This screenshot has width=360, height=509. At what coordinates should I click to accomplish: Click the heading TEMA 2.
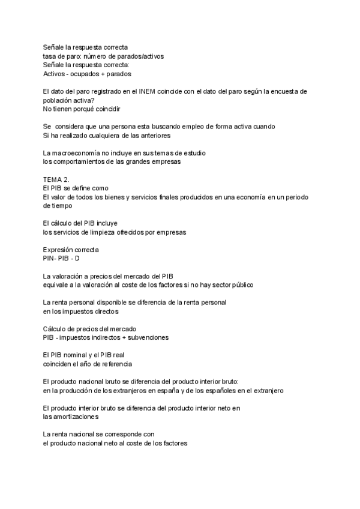(x=56, y=179)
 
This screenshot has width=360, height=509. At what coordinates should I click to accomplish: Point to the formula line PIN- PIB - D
(x=61, y=258)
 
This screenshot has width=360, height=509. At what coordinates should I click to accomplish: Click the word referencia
(x=113, y=364)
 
